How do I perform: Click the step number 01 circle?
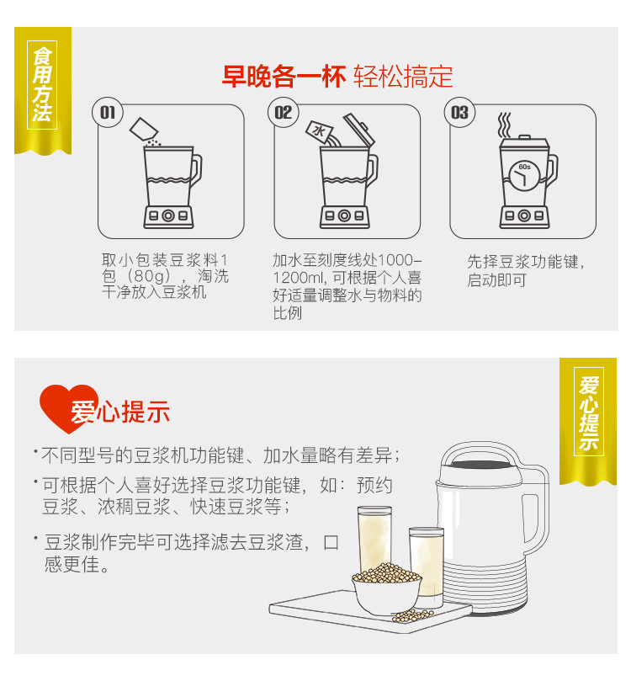click(108, 113)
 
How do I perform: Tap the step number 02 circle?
click(284, 113)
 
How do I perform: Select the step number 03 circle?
click(459, 113)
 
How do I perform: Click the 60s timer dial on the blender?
click(524, 176)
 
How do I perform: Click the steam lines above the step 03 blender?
click(504, 125)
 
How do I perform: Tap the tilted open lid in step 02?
click(359, 129)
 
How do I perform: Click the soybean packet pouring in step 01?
click(144, 129)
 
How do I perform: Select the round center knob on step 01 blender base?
click(168, 215)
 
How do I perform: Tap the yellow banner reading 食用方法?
click(43, 90)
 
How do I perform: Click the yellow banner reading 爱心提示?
click(588, 420)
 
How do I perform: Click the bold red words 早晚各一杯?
click(284, 77)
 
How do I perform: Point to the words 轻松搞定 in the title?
click(403, 77)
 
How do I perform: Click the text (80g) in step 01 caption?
click(149, 276)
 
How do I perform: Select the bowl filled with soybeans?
click(386, 589)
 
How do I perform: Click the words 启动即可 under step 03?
click(497, 280)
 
